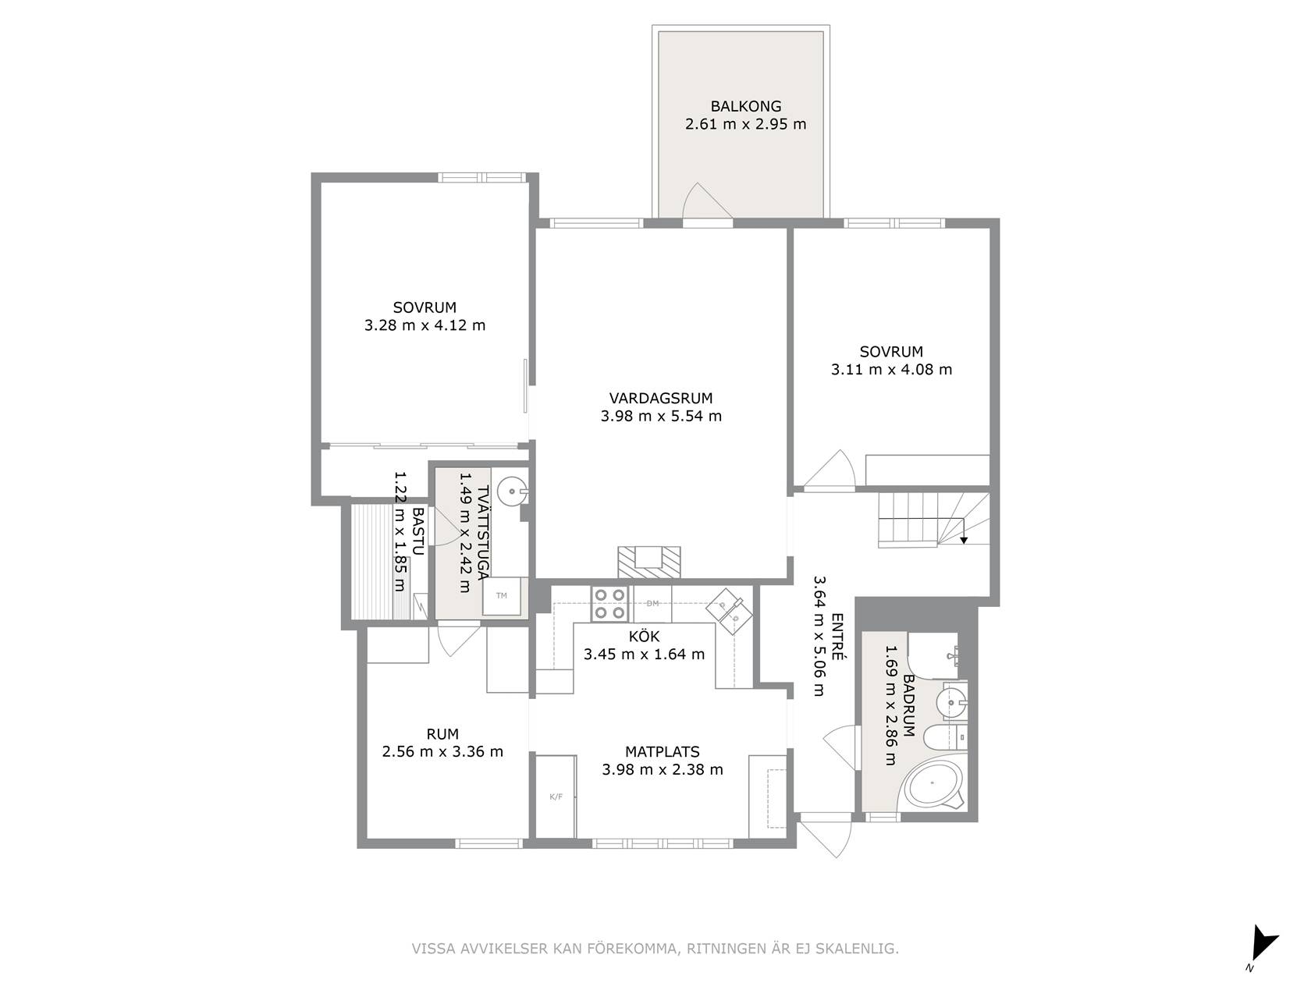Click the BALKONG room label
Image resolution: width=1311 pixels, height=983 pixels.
tap(745, 106)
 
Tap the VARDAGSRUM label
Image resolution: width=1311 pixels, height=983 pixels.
tap(661, 398)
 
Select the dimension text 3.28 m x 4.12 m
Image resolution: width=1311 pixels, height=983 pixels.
tap(425, 325)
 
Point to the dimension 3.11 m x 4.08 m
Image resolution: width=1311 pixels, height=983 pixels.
tap(891, 370)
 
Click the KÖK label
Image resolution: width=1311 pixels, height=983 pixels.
tap(644, 637)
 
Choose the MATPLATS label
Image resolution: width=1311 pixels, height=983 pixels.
tap(662, 752)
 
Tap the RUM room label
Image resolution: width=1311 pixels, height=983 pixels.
tap(442, 734)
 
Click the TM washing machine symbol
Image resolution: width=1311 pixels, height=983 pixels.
tap(501, 595)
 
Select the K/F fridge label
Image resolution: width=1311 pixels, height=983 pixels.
tap(556, 797)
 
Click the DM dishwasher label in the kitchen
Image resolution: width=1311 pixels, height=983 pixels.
tap(652, 603)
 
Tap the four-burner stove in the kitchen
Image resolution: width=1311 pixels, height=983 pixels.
tap(609, 603)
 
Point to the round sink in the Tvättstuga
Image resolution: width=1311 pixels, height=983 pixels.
tap(512, 491)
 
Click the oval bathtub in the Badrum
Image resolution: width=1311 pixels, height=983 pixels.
tap(933, 786)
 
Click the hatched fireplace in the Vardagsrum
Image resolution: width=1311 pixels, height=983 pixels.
tap(648, 562)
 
